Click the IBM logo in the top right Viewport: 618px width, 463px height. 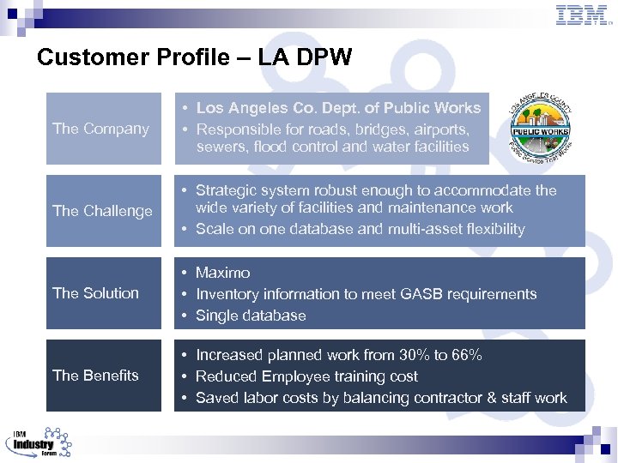pos(583,15)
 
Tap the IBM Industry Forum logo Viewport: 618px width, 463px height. pos(39,442)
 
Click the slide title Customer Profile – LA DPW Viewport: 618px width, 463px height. pos(194,57)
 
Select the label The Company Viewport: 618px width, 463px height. pos(100,129)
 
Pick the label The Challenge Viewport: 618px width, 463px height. pos(102,211)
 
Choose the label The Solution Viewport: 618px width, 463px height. pos(95,293)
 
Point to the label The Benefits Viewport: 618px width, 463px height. pos(95,376)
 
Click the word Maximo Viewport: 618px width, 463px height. pos(222,273)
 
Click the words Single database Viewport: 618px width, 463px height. pos(251,316)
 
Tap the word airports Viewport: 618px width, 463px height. pos(440,129)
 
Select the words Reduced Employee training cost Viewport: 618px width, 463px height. pos(306,376)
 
